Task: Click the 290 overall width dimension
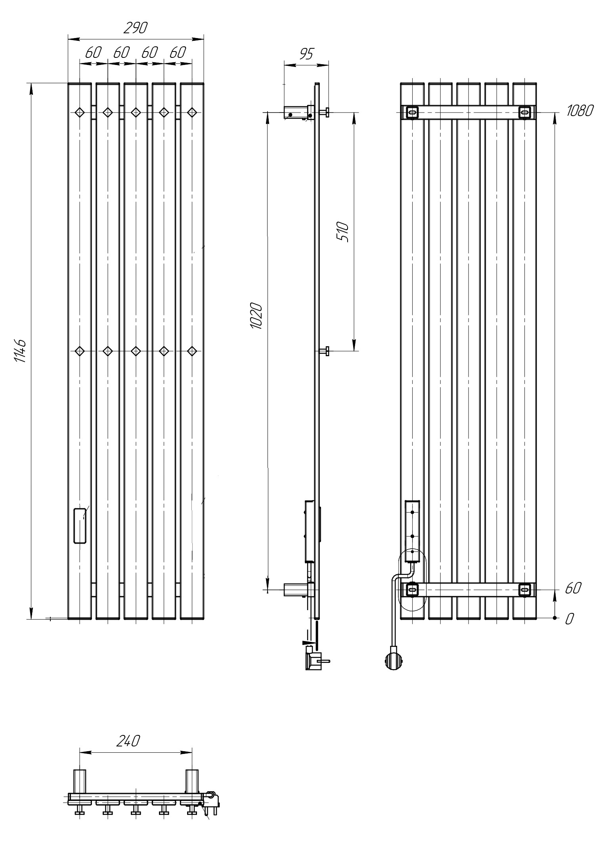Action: click(x=136, y=28)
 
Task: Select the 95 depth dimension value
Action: click(x=306, y=53)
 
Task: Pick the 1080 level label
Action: click(x=579, y=111)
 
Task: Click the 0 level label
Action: click(x=569, y=619)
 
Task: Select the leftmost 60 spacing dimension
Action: click(x=94, y=52)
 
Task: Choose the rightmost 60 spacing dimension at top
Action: click(x=178, y=52)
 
